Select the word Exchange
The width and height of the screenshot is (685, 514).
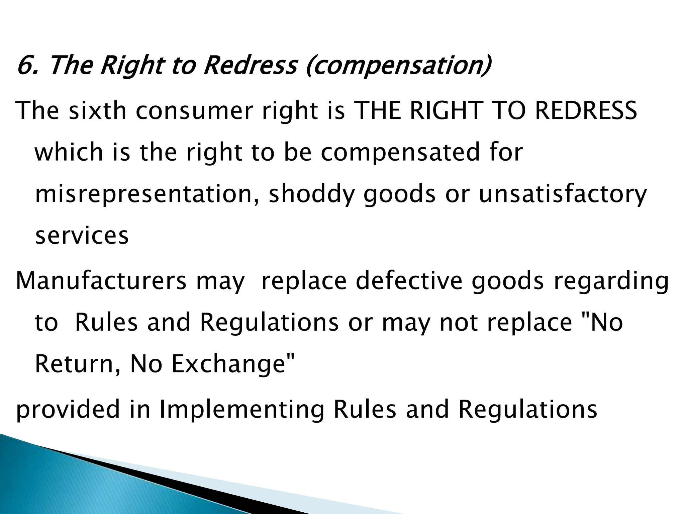(233, 364)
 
